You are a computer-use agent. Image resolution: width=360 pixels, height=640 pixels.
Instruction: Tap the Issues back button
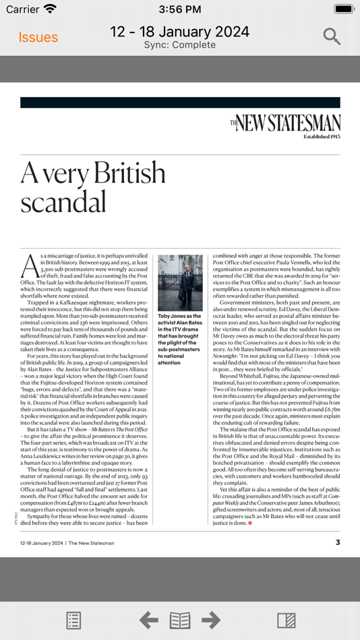point(38,37)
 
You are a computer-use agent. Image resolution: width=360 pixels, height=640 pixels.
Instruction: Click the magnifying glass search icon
point(332,36)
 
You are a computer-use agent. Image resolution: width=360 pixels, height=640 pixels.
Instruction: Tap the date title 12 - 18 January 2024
point(179,32)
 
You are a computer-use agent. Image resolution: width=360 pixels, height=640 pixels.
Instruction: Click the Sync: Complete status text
point(179,45)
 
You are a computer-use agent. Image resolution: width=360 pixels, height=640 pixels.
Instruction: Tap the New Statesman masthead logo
point(284,123)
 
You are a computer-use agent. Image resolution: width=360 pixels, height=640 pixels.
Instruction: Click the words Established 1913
point(322,136)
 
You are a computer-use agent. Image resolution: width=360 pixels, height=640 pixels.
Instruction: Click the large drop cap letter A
point(30,266)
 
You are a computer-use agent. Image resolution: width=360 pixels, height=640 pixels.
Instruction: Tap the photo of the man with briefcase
point(180,282)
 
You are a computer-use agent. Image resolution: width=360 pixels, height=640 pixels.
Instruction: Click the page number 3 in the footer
point(338,542)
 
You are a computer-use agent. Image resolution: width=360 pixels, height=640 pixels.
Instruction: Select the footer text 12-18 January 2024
point(41,543)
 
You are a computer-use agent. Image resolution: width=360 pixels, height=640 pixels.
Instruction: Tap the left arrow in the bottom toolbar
point(148,620)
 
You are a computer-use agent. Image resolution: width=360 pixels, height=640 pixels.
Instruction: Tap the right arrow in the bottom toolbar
point(211,620)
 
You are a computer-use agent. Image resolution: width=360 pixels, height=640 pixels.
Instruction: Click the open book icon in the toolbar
point(180,620)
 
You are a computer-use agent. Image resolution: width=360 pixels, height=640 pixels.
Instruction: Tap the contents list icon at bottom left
point(74,620)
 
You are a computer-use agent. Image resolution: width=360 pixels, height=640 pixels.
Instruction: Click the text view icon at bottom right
point(286,620)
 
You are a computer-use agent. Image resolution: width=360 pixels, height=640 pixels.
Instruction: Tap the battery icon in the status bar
point(344,9)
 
